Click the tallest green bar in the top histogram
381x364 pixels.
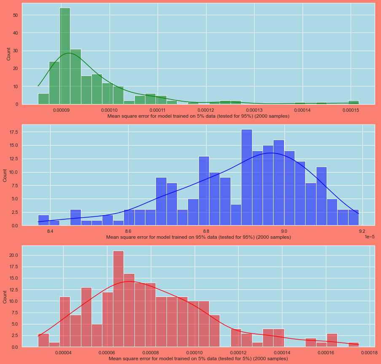(x=65, y=56)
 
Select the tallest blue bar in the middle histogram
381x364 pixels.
(x=247, y=177)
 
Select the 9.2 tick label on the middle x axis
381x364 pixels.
(x=362, y=232)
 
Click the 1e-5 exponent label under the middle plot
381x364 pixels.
(x=369, y=237)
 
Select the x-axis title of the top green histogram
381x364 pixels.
(x=198, y=116)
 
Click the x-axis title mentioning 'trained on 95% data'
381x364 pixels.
(x=198, y=237)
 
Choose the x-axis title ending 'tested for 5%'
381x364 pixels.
(x=198, y=359)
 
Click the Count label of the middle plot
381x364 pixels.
(x=5, y=175)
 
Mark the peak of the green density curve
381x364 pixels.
(x=68, y=53)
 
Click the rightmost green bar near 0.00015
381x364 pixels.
(x=353, y=102)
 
